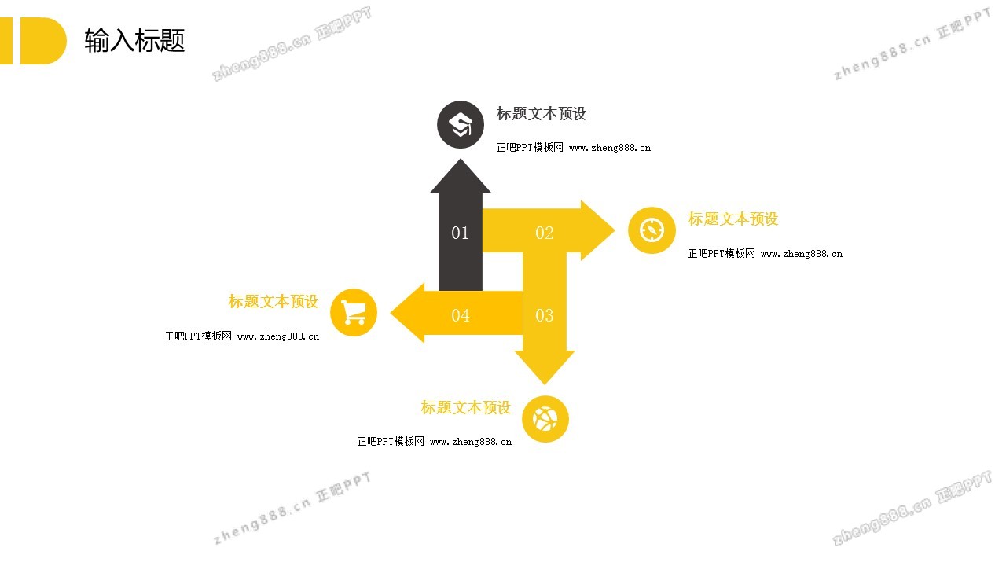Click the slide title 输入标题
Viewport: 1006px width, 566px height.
coord(134,40)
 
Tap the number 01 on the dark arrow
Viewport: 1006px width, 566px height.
coord(460,233)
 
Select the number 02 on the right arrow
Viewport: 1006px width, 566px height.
coord(545,233)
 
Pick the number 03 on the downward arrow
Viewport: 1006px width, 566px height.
coord(545,315)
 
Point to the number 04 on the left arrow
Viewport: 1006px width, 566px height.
coord(461,315)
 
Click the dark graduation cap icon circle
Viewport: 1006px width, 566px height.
coord(461,124)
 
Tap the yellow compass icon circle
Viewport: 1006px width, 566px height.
coord(652,230)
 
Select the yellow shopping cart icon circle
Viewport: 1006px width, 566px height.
coord(354,313)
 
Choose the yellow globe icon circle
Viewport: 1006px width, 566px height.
coord(545,419)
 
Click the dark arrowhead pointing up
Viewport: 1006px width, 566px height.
coord(461,177)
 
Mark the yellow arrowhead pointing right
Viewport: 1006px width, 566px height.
coord(597,230)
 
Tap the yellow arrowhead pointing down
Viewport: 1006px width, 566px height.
coord(545,367)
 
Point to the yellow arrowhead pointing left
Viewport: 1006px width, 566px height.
coord(408,313)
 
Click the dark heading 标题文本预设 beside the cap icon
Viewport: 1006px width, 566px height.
coord(542,114)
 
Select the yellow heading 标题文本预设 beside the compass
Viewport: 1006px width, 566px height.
coord(733,219)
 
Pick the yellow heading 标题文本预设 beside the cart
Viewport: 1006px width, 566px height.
coord(274,301)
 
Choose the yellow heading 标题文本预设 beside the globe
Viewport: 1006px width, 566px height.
coord(466,407)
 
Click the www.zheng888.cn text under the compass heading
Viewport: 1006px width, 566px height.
coord(802,254)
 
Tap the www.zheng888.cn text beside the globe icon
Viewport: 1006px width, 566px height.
coord(471,442)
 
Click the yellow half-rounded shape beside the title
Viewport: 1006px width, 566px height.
coord(42,41)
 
